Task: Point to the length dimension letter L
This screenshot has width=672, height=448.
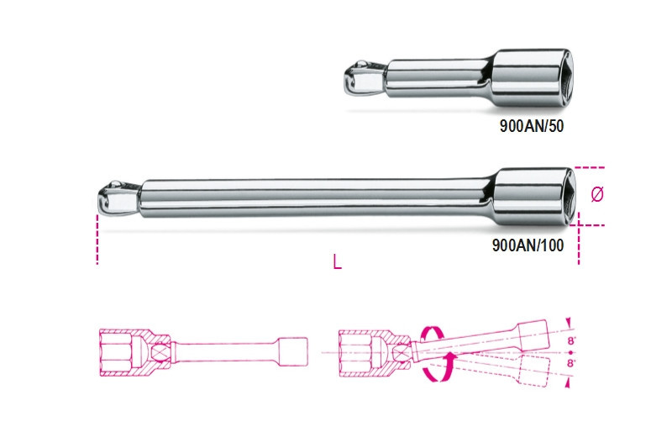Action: pos(337,262)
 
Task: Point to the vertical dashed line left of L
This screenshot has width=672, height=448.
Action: pos(97,239)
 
